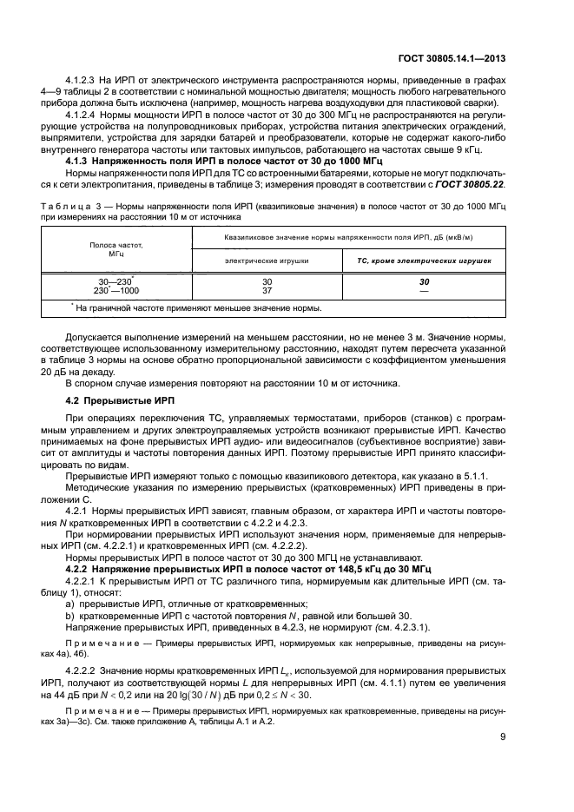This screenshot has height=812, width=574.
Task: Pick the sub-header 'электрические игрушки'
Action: coord(267,261)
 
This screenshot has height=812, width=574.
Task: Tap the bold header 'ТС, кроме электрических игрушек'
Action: coord(425,261)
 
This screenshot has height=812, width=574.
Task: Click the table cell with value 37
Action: coord(267,290)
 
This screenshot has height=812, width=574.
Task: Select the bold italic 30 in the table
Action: coord(425,282)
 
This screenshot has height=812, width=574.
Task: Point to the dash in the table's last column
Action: coord(425,291)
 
